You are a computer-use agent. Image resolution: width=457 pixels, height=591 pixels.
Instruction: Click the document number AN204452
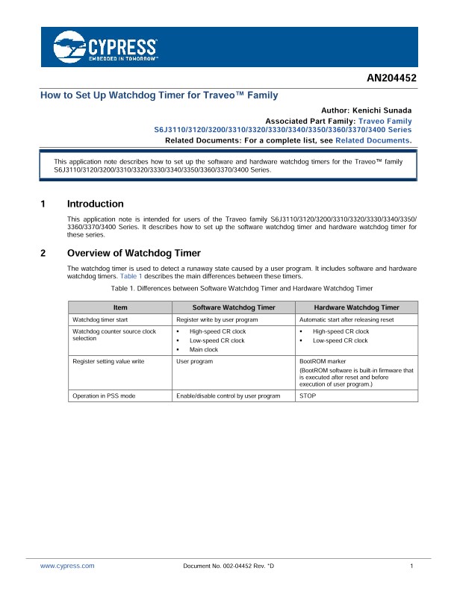391,78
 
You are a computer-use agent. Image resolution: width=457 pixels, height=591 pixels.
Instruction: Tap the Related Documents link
373,140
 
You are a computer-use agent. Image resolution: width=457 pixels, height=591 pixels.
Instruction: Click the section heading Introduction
95,204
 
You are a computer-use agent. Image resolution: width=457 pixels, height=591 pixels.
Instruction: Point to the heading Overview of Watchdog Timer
134,252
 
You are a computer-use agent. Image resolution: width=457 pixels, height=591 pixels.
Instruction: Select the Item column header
120,307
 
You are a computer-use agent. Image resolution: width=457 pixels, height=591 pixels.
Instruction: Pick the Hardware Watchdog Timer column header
356,307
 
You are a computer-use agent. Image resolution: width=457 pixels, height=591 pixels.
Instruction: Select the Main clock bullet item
204,349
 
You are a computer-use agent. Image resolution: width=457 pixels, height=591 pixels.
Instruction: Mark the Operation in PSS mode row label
105,395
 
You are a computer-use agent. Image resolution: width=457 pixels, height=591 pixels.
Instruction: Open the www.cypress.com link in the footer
67,566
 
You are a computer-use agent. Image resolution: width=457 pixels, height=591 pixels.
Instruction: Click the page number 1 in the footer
411,566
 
